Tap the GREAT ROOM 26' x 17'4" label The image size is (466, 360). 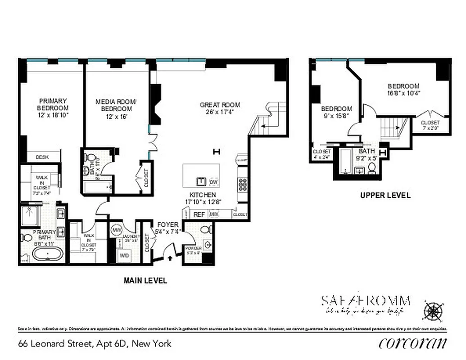[220, 108]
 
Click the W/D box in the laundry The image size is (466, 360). [123, 255]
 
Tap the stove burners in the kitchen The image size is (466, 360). [242, 184]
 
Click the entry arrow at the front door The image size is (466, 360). [170, 258]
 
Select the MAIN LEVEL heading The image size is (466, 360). [145, 280]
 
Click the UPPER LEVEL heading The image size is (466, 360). [385, 195]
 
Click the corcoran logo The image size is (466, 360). [413, 343]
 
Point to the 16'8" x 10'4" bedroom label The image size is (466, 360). [403, 90]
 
